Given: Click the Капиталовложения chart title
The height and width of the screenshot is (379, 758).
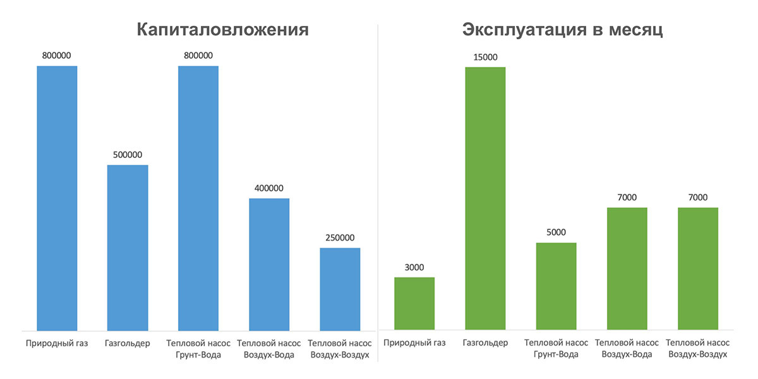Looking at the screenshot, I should tap(223, 30).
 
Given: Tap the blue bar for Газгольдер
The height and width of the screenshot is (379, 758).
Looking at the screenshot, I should tap(128, 248).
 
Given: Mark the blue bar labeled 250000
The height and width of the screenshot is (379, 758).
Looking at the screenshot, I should tap(340, 289).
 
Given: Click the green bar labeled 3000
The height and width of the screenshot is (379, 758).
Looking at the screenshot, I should tap(414, 303).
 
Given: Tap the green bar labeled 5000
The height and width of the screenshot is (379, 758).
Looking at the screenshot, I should tap(556, 286).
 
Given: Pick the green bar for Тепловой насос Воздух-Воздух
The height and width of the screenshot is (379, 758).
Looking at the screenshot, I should tap(698, 268).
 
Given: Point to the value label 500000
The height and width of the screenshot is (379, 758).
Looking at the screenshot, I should tap(128, 154).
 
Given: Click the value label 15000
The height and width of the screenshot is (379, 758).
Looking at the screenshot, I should tap(485, 57).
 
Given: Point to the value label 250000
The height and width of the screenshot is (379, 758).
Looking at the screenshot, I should tap(340, 238).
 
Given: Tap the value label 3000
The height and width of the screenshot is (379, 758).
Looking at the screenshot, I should tap(414, 267).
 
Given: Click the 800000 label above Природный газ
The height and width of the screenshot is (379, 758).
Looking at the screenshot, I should tap(57, 56).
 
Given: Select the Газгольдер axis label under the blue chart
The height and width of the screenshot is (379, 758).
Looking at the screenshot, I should tap(128, 344).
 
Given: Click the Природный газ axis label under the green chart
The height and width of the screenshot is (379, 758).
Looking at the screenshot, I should tap(414, 344).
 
